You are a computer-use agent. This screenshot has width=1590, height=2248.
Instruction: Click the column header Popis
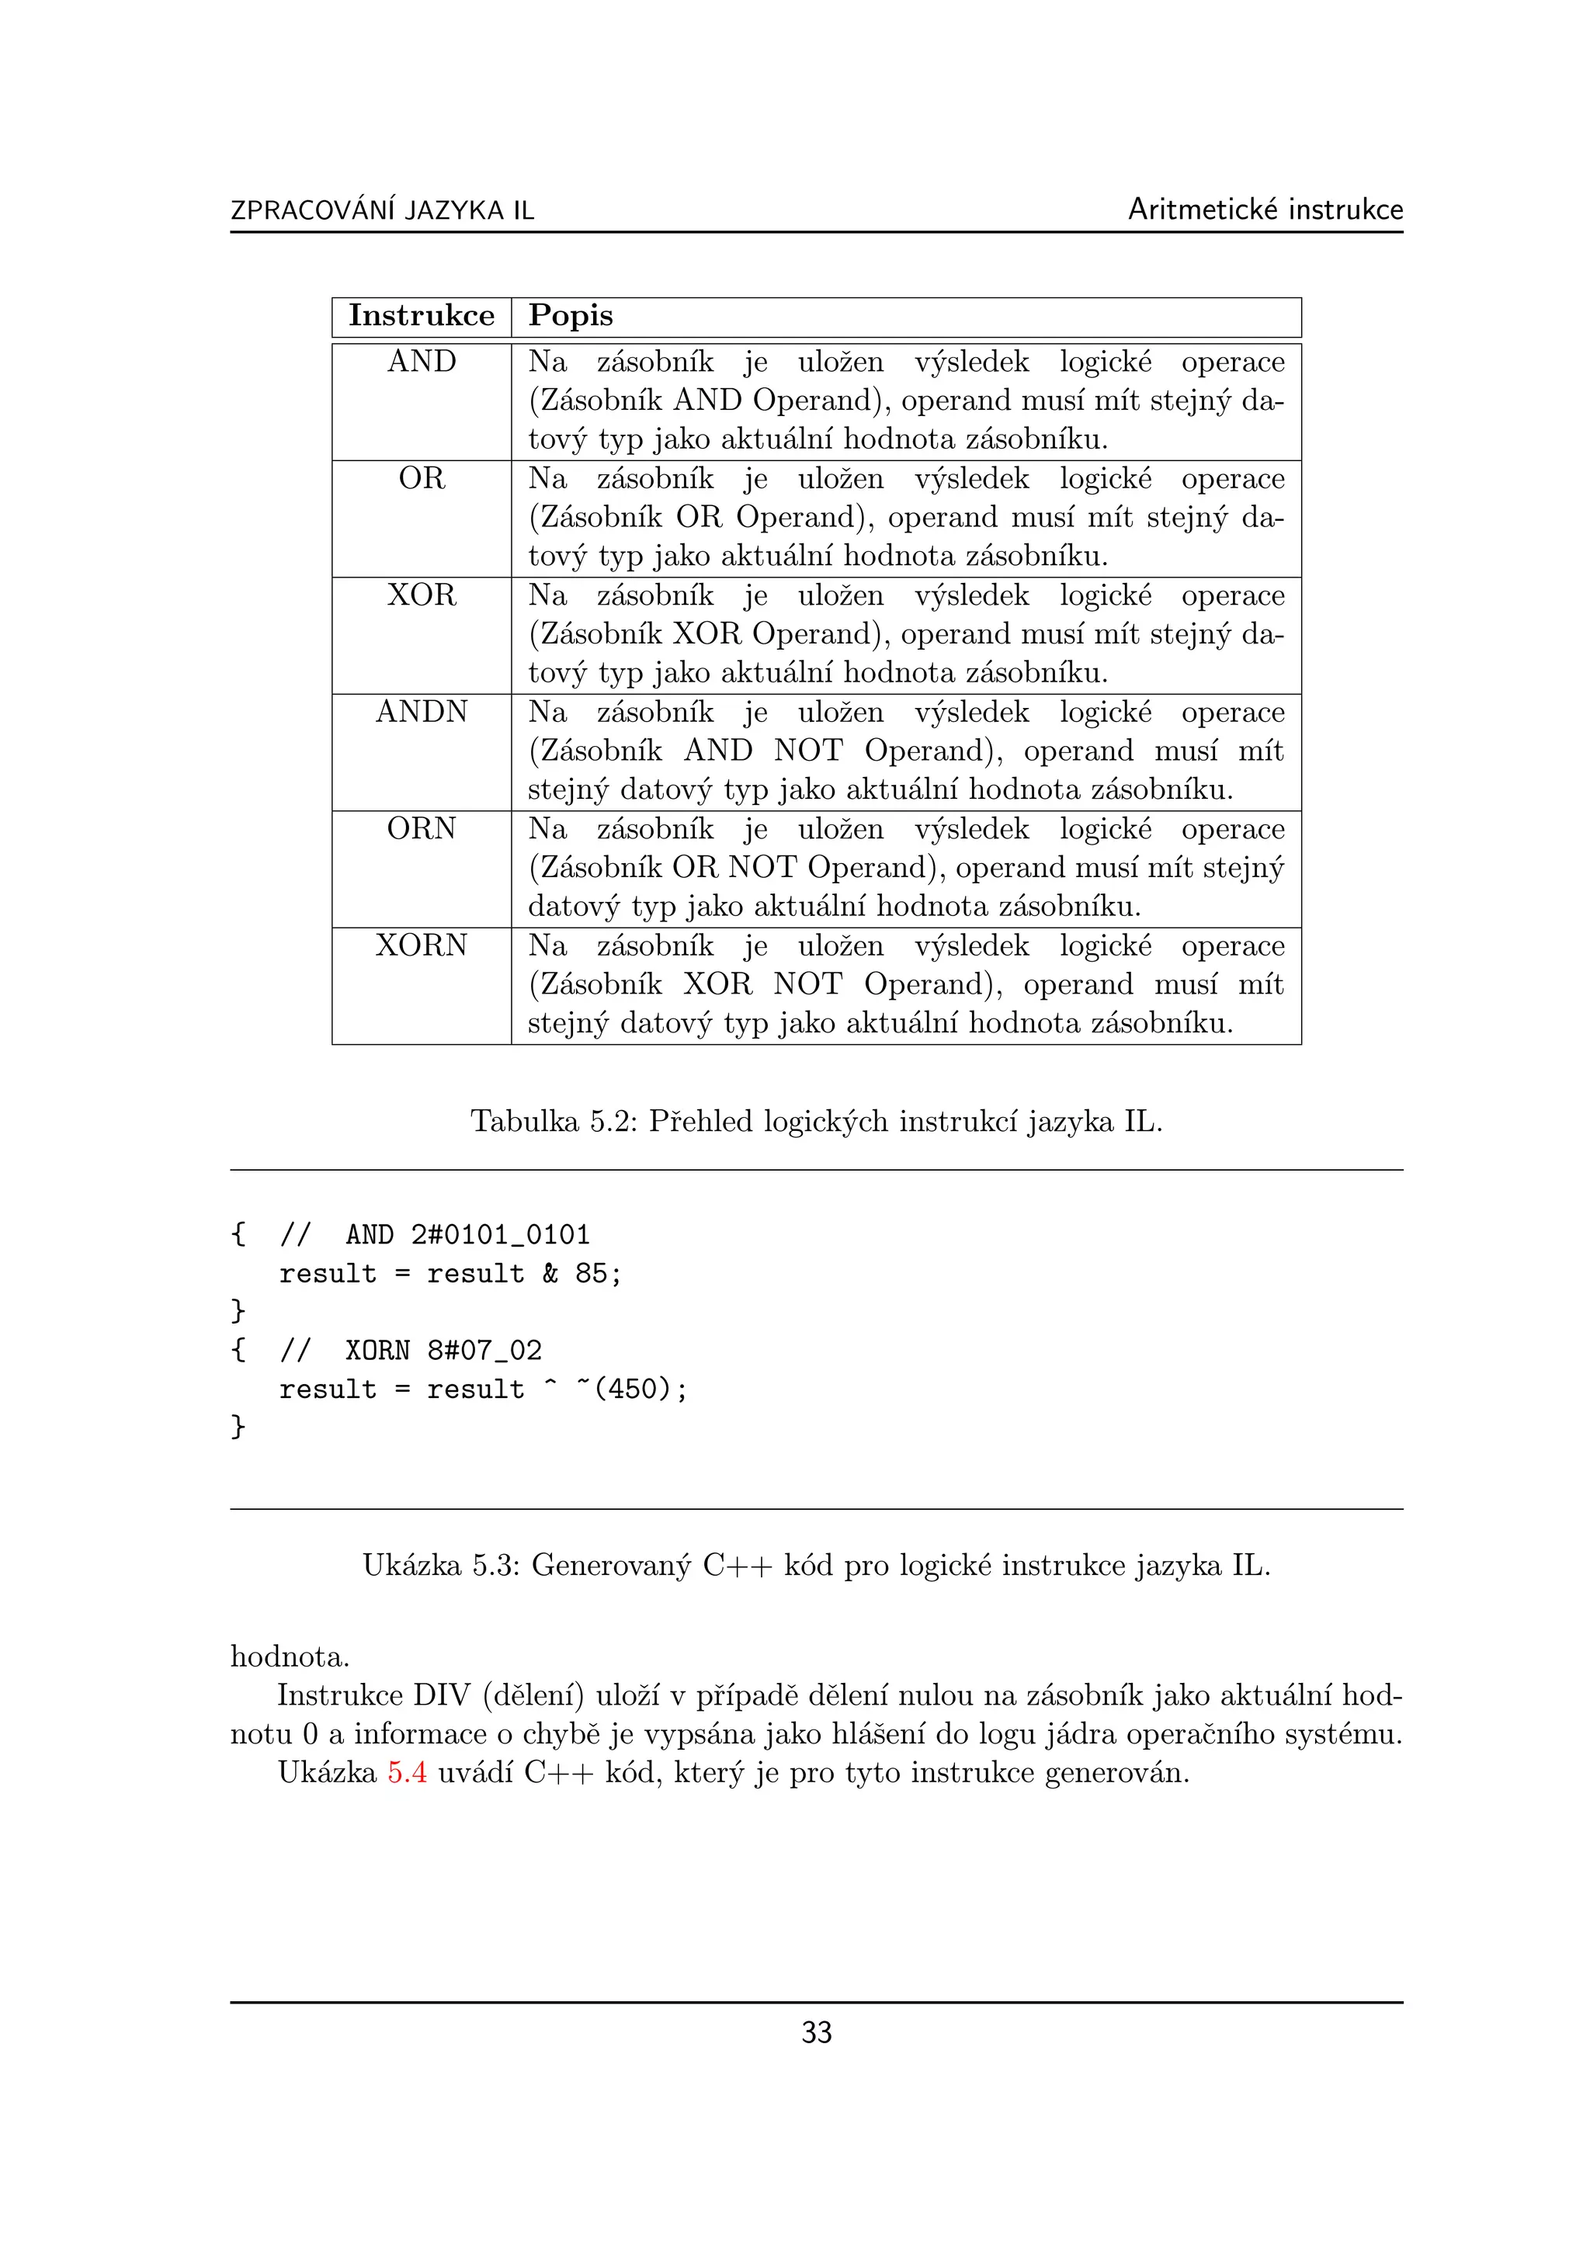coord(570,315)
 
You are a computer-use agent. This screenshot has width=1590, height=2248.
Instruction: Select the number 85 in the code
coord(590,1273)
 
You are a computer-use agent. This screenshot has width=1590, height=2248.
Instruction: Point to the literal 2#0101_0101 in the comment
coord(500,1235)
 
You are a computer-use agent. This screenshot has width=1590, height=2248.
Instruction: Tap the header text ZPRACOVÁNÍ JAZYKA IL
coord(382,210)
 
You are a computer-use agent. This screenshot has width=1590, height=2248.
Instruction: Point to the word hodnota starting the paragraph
coord(289,1657)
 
